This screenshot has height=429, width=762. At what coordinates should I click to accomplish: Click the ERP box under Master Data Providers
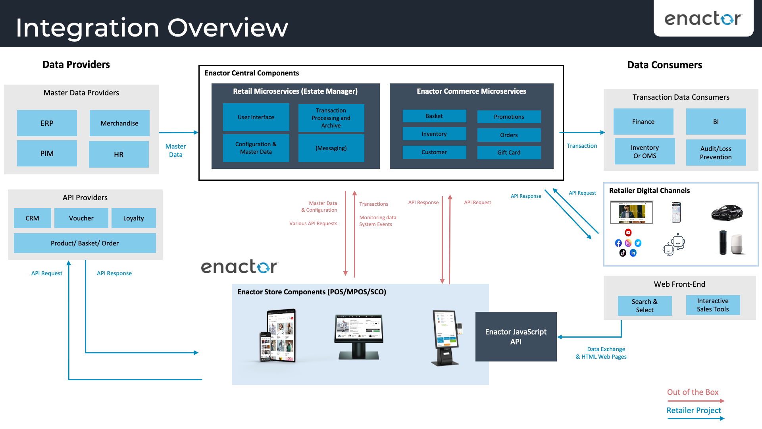[x=47, y=123]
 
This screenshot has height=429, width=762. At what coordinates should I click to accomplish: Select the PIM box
[x=47, y=153]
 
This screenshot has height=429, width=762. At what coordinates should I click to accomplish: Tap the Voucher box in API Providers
[x=81, y=218]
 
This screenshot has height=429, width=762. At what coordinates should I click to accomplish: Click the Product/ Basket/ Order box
[x=85, y=243]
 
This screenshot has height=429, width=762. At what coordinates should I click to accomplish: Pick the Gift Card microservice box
[x=509, y=153]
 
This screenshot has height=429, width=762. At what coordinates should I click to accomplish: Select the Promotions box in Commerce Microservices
[x=509, y=117]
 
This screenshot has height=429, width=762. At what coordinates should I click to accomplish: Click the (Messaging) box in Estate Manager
[x=331, y=148]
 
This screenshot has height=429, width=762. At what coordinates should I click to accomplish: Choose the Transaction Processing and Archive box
[x=331, y=118]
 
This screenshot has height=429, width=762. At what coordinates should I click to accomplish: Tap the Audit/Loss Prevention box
[x=716, y=153]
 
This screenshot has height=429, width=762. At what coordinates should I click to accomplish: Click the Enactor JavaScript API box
[x=516, y=336]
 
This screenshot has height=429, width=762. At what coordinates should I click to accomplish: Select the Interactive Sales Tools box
[x=713, y=305]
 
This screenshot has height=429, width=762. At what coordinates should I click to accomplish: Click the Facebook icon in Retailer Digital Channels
[x=618, y=243]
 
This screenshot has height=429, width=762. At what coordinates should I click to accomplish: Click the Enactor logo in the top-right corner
[x=703, y=19]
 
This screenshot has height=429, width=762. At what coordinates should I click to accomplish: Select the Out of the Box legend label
[x=693, y=392]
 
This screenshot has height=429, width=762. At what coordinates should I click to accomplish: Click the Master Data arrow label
[x=175, y=151]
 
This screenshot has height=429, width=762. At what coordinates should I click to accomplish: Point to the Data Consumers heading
[x=664, y=65]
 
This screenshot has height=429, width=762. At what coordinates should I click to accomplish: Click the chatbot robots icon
[x=674, y=244]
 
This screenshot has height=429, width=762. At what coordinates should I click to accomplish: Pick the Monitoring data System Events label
[x=377, y=221]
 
